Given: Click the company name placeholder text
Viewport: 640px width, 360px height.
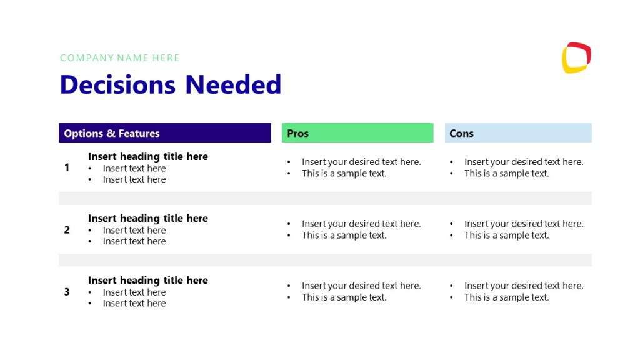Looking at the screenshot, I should coord(120,58).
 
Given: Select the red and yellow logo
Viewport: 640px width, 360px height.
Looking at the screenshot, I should coord(576,57).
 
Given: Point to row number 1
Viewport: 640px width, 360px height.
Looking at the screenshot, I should coord(67,167).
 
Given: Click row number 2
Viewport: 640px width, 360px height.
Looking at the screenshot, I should coord(67,230).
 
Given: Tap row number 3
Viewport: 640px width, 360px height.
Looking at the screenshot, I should coord(67,292).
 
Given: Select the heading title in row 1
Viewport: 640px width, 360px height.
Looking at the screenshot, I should coord(148,156).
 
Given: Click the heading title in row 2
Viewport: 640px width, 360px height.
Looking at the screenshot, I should coord(148,218).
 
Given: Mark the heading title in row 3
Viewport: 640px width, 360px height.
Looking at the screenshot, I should coord(148,280).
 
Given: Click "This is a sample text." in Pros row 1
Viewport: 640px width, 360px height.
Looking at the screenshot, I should coord(344,174).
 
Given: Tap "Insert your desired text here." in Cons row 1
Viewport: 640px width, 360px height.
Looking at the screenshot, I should coord(524,162).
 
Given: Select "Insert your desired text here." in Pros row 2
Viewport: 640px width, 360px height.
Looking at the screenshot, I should coord(361,224).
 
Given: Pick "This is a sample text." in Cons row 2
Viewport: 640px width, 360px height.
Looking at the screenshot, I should coord(507,236).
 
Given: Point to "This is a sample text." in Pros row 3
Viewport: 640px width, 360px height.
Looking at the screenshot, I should coord(344,297).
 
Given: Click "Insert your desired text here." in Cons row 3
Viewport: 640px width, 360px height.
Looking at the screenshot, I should coord(524,286).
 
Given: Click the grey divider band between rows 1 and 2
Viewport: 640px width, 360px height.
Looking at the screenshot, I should coord(325,198).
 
